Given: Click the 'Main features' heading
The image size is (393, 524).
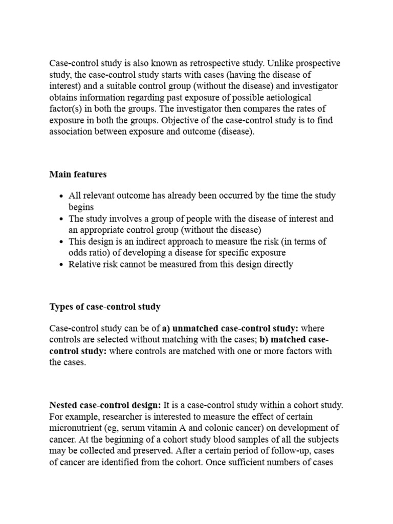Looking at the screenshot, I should point(78,174).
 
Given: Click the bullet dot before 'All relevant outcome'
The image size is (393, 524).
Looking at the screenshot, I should point(61,196).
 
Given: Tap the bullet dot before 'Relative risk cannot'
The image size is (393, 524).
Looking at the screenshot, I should point(61,265).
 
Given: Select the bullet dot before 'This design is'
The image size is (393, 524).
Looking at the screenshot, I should point(61,242).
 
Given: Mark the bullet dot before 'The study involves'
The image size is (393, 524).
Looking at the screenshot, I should point(61,220).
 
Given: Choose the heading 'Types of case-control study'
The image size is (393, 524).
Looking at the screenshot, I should point(105,307).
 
